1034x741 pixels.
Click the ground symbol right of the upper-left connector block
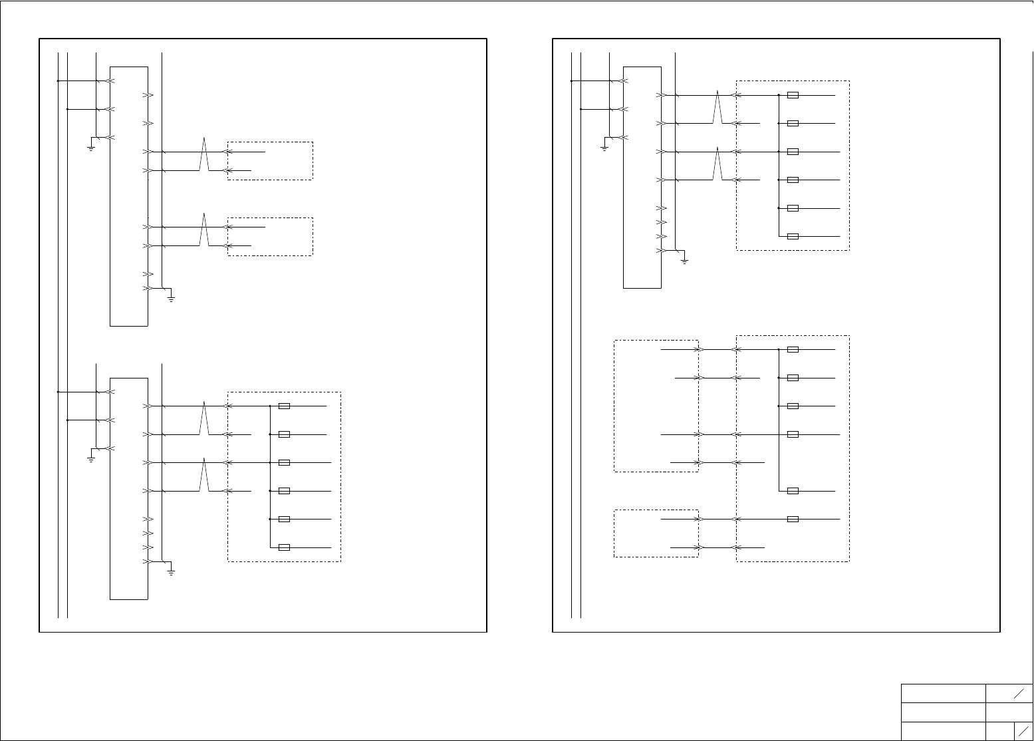(x=171, y=299)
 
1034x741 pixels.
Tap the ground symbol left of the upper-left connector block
(x=91, y=148)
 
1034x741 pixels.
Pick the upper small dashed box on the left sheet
(x=270, y=160)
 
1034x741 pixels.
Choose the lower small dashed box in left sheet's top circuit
(x=270, y=236)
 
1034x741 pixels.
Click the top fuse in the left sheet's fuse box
(x=284, y=406)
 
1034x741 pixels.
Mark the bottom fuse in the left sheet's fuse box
(x=284, y=547)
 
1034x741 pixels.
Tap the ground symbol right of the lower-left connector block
(x=171, y=571)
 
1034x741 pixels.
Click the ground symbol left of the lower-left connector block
(x=91, y=458)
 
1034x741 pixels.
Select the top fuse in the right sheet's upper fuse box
(x=793, y=95)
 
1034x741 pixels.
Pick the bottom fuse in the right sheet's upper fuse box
(x=793, y=237)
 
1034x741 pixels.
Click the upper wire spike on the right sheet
(x=717, y=108)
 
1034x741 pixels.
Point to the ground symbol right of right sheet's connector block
(x=684, y=261)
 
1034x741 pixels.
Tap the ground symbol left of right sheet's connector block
(x=604, y=148)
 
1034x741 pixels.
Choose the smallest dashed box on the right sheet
(x=656, y=533)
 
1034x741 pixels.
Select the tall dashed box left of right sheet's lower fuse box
(x=656, y=406)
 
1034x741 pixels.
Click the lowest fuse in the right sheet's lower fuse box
(x=793, y=519)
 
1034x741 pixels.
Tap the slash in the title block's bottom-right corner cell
(x=1023, y=730)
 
